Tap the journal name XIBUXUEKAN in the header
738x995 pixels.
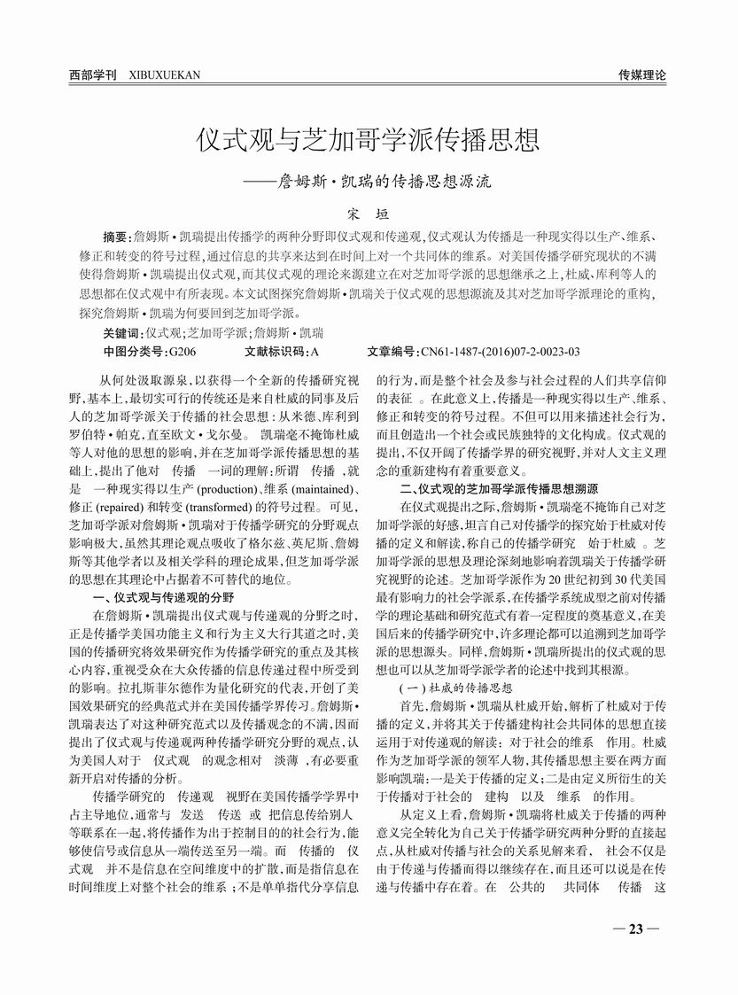tap(164, 75)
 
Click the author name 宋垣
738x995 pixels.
tap(368, 213)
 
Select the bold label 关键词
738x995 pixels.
tap(121, 333)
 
